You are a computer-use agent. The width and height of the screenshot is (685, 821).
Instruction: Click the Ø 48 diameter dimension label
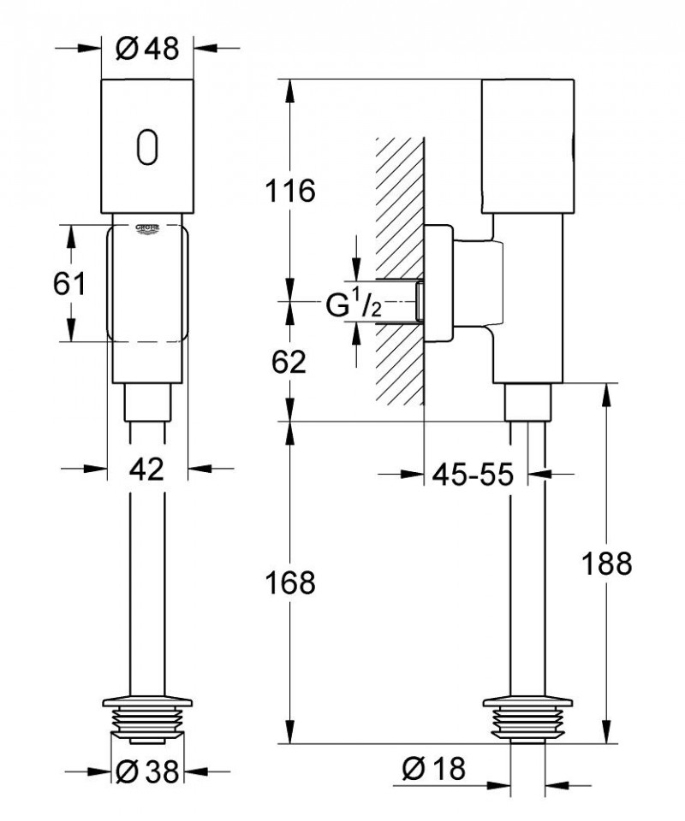146,49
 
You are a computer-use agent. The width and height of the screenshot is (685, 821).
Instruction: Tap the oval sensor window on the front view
146,145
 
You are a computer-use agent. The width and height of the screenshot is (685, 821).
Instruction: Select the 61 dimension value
69,283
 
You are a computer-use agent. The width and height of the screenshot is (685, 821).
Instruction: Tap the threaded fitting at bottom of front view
146,723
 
